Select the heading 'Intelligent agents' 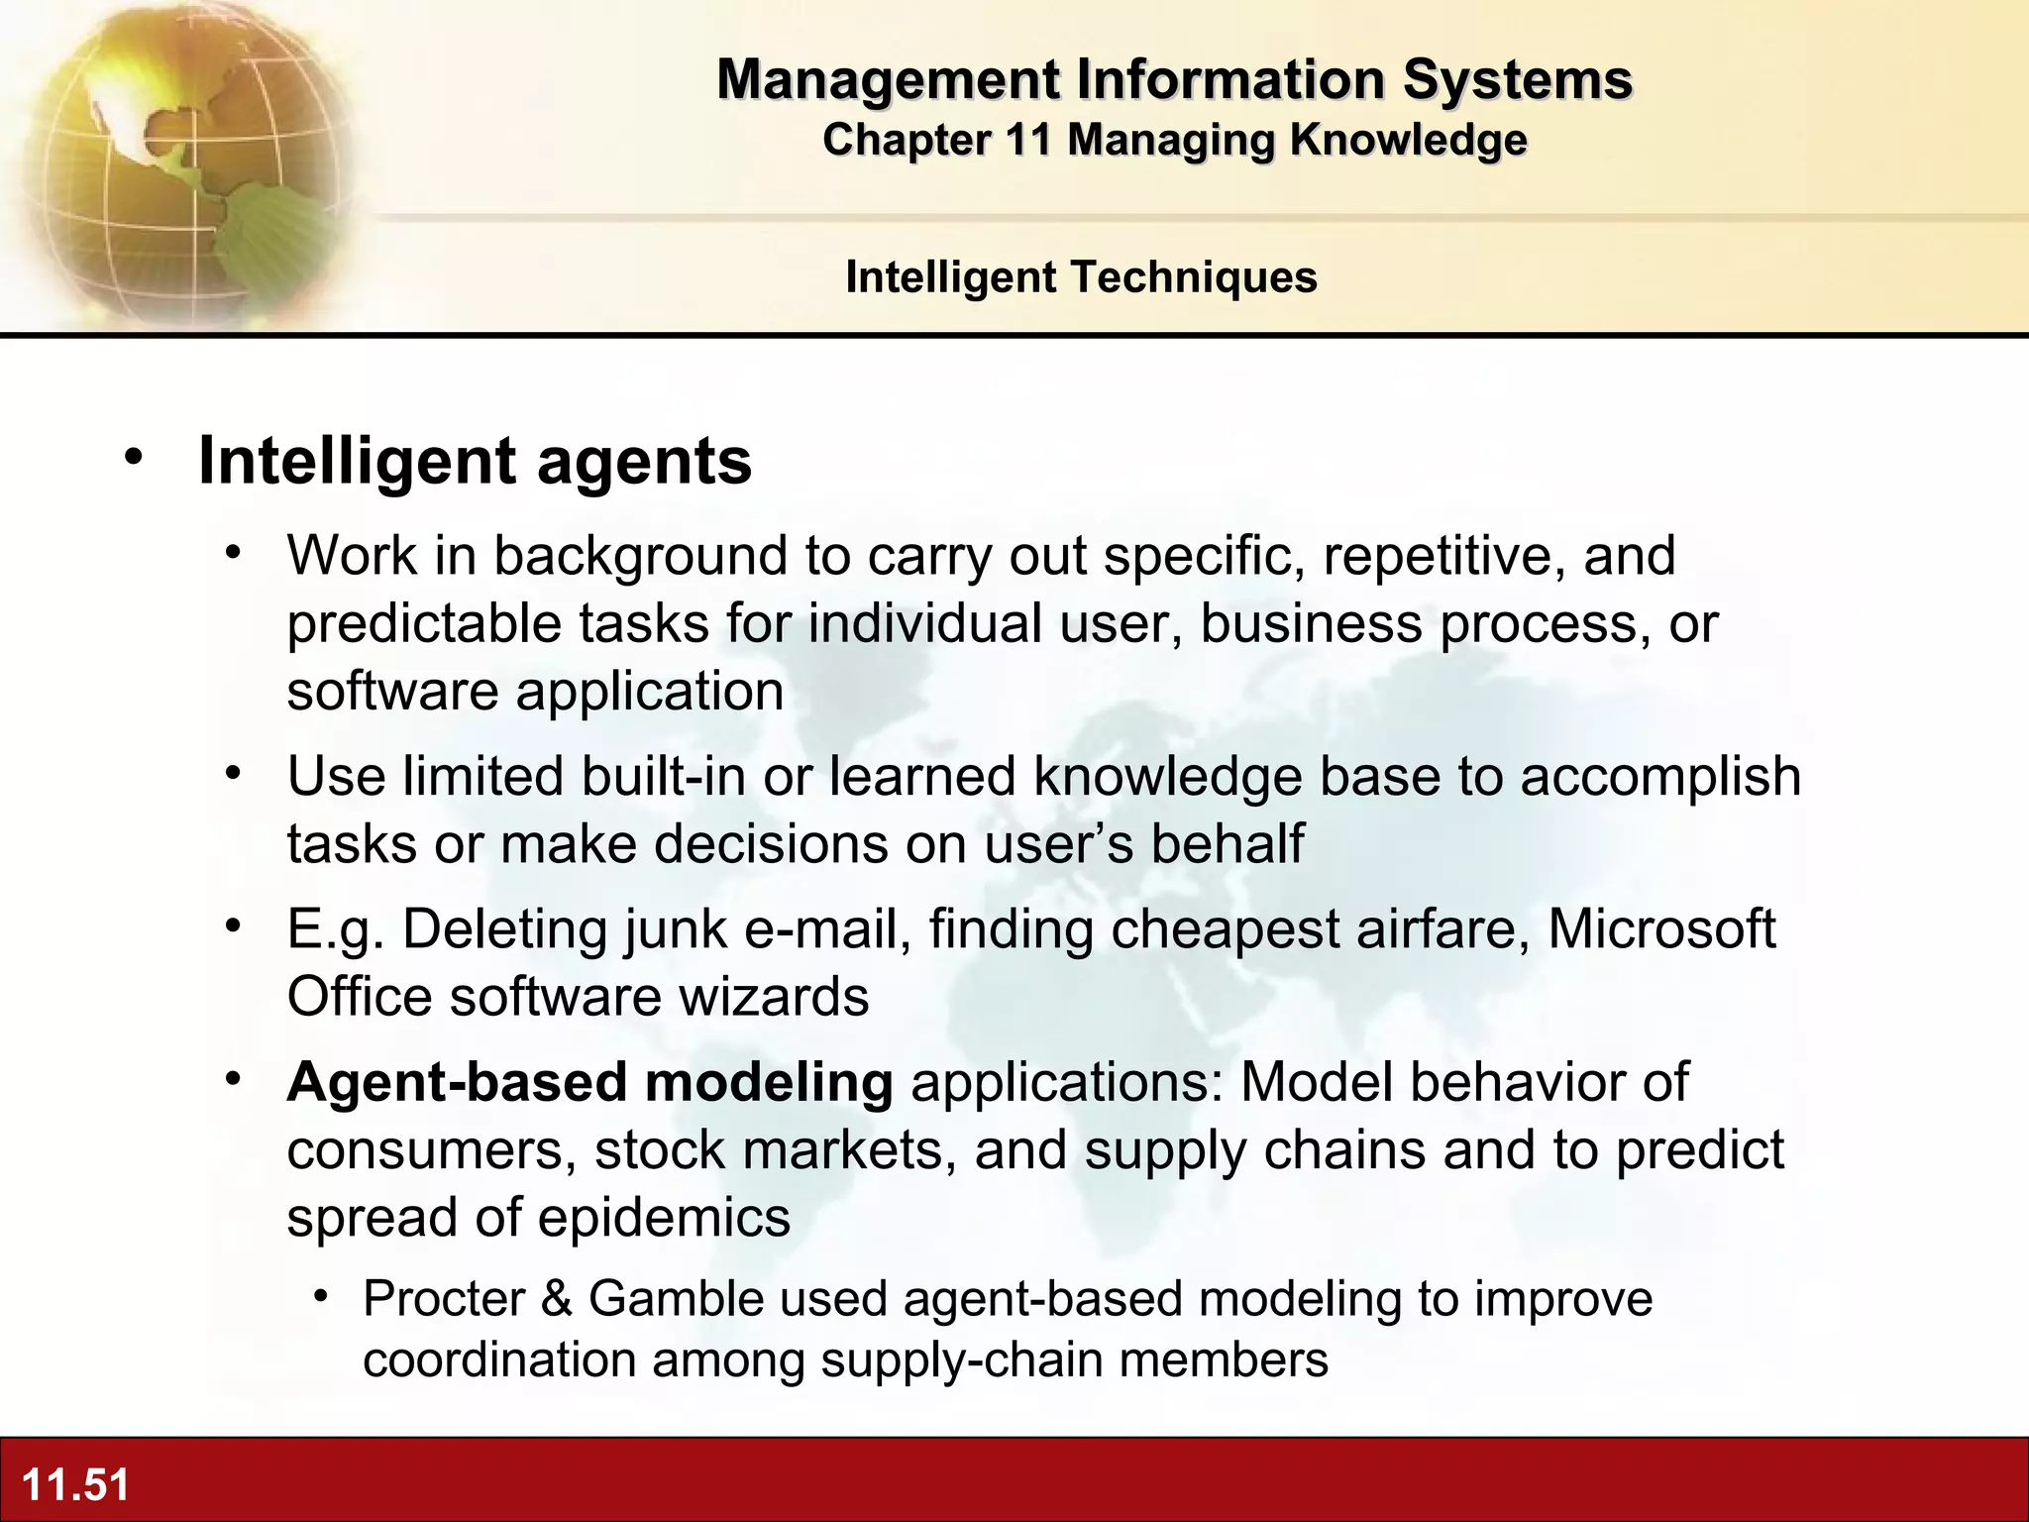(475, 461)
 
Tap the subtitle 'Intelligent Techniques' (1081, 277)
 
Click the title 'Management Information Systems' (1174, 79)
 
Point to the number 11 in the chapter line (1027, 140)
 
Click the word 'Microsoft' (1661, 929)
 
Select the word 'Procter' (444, 1298)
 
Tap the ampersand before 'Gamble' (557, 1298)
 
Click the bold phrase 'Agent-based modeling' (589, 1082)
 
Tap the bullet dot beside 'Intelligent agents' (134, 458)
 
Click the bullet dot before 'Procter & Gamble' (321, 1295)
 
